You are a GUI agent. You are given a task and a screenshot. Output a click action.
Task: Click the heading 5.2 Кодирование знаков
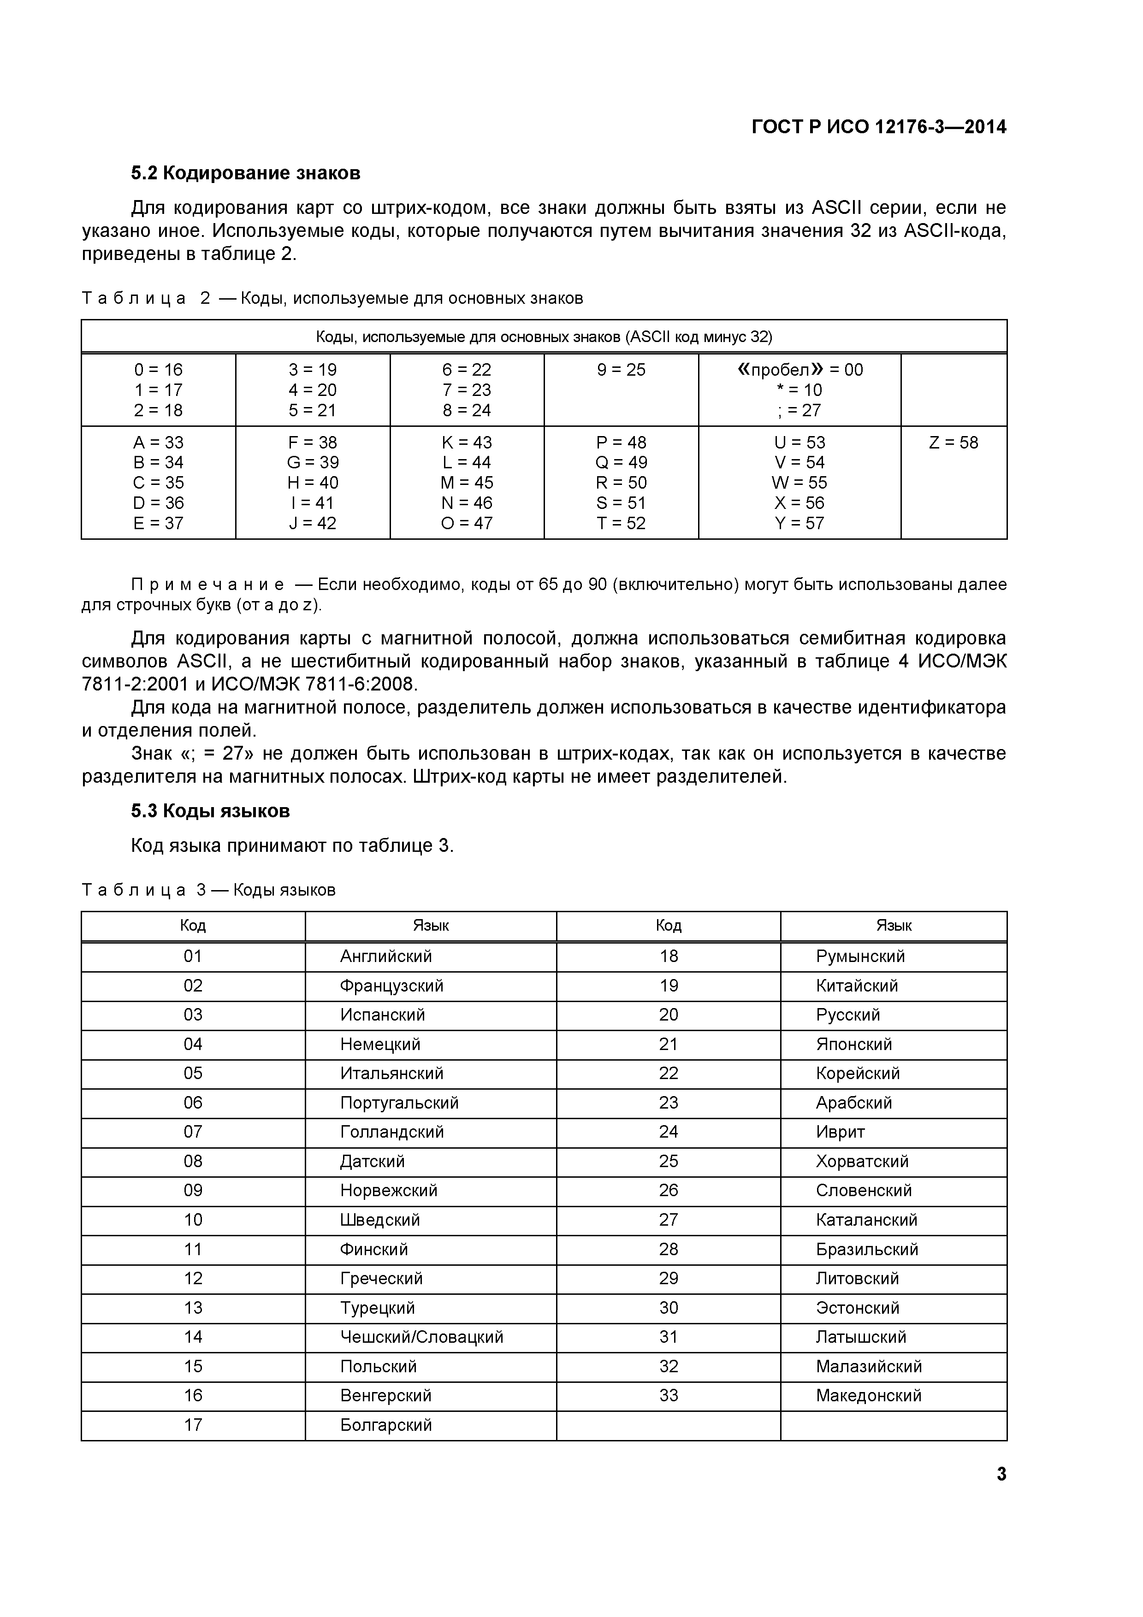coord(245,173)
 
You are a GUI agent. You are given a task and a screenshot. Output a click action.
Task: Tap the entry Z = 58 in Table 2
coord(953,443)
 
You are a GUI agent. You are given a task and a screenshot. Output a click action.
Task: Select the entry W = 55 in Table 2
coord(800,483)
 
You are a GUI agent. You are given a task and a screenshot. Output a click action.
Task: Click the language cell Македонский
coord(868,1395)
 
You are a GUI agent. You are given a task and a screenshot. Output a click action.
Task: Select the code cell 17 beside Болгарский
coord(193,1425)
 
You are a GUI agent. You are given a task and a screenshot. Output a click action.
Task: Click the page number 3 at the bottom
coord(1001,1475)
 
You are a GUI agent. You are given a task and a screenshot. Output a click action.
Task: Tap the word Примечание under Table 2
coord(208,584)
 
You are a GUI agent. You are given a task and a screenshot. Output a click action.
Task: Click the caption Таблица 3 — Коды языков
coord(208,890)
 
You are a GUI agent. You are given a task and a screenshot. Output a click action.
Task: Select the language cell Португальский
coord(399,1103)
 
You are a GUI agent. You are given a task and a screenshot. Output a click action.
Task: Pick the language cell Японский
coord(853,1045)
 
